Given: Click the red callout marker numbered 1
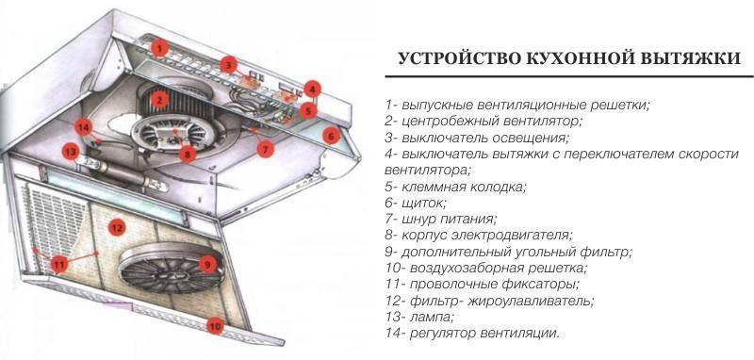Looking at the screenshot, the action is point(159,48).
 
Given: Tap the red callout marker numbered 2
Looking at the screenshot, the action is point(159,100).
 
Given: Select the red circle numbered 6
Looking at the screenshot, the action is point(331,136).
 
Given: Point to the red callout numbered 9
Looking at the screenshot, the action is point(207,264).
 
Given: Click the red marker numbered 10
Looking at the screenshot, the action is point(215,327).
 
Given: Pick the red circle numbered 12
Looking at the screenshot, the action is point(116,226).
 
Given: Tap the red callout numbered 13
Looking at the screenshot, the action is point(71,152).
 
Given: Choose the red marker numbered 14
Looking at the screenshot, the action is point(83,127).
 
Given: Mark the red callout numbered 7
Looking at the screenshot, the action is point(265,149).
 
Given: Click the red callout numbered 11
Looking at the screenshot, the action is point(59,264).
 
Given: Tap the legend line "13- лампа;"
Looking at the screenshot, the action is point(419,318).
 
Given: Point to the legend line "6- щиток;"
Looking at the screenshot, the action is point(416,204).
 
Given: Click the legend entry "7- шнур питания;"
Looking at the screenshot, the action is point(441,220).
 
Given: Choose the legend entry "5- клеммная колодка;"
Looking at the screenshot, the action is point(456,187).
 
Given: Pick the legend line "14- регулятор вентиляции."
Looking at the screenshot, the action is point(473,333).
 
